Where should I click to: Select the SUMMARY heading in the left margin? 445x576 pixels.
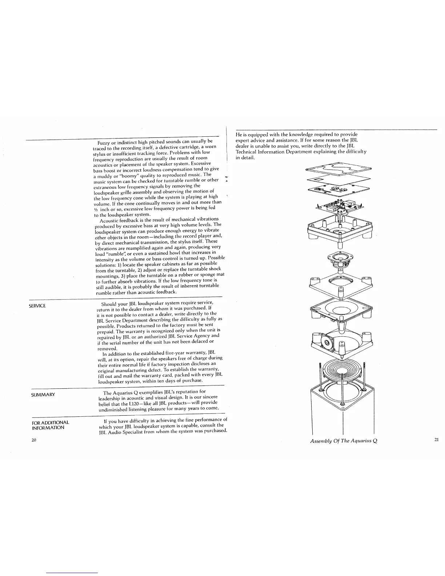tap(43, 395)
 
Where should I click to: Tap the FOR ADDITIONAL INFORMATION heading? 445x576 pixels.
tap(50, 425)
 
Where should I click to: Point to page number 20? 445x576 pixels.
tap(34, 440)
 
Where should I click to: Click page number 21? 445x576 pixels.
tap(437, 440)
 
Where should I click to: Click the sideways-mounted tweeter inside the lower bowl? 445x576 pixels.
tap(326, 342)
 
